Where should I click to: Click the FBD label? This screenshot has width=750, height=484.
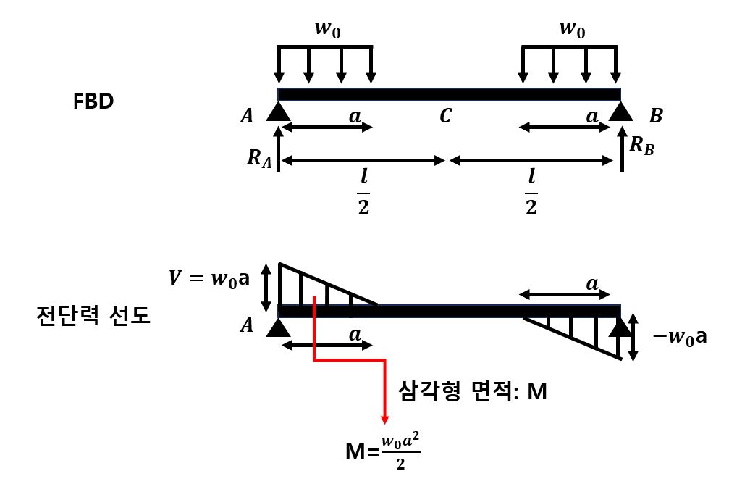[93, 101]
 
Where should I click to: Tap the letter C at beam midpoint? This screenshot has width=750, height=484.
[445, 116]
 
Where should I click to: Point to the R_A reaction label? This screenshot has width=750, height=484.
[259, 158]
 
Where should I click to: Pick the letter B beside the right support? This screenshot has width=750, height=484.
[656, 115]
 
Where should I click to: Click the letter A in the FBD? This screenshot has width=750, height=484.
[247, 116]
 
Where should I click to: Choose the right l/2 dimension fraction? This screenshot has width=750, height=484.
[531, 192]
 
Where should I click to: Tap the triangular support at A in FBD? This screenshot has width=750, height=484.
[278, 112]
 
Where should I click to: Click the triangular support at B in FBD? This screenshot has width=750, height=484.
[620, 111]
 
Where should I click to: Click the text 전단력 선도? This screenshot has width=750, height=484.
[93, 316]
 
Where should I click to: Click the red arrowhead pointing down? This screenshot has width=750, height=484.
[384, 419]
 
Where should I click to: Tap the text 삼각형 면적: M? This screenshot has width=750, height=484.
[473, 392]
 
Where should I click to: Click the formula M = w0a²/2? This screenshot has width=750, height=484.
[383, 453]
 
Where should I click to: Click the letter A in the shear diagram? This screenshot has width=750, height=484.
[247, 326]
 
